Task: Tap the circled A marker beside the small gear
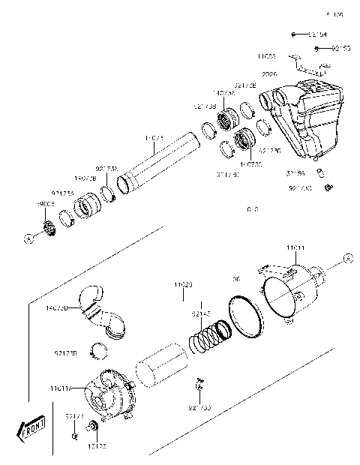tap(28, 239)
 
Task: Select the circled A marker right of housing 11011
tap(347, 259)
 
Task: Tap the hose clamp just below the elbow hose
tap(96, 349)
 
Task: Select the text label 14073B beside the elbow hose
tap(57, 308)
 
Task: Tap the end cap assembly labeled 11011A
tap(109, 393)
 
